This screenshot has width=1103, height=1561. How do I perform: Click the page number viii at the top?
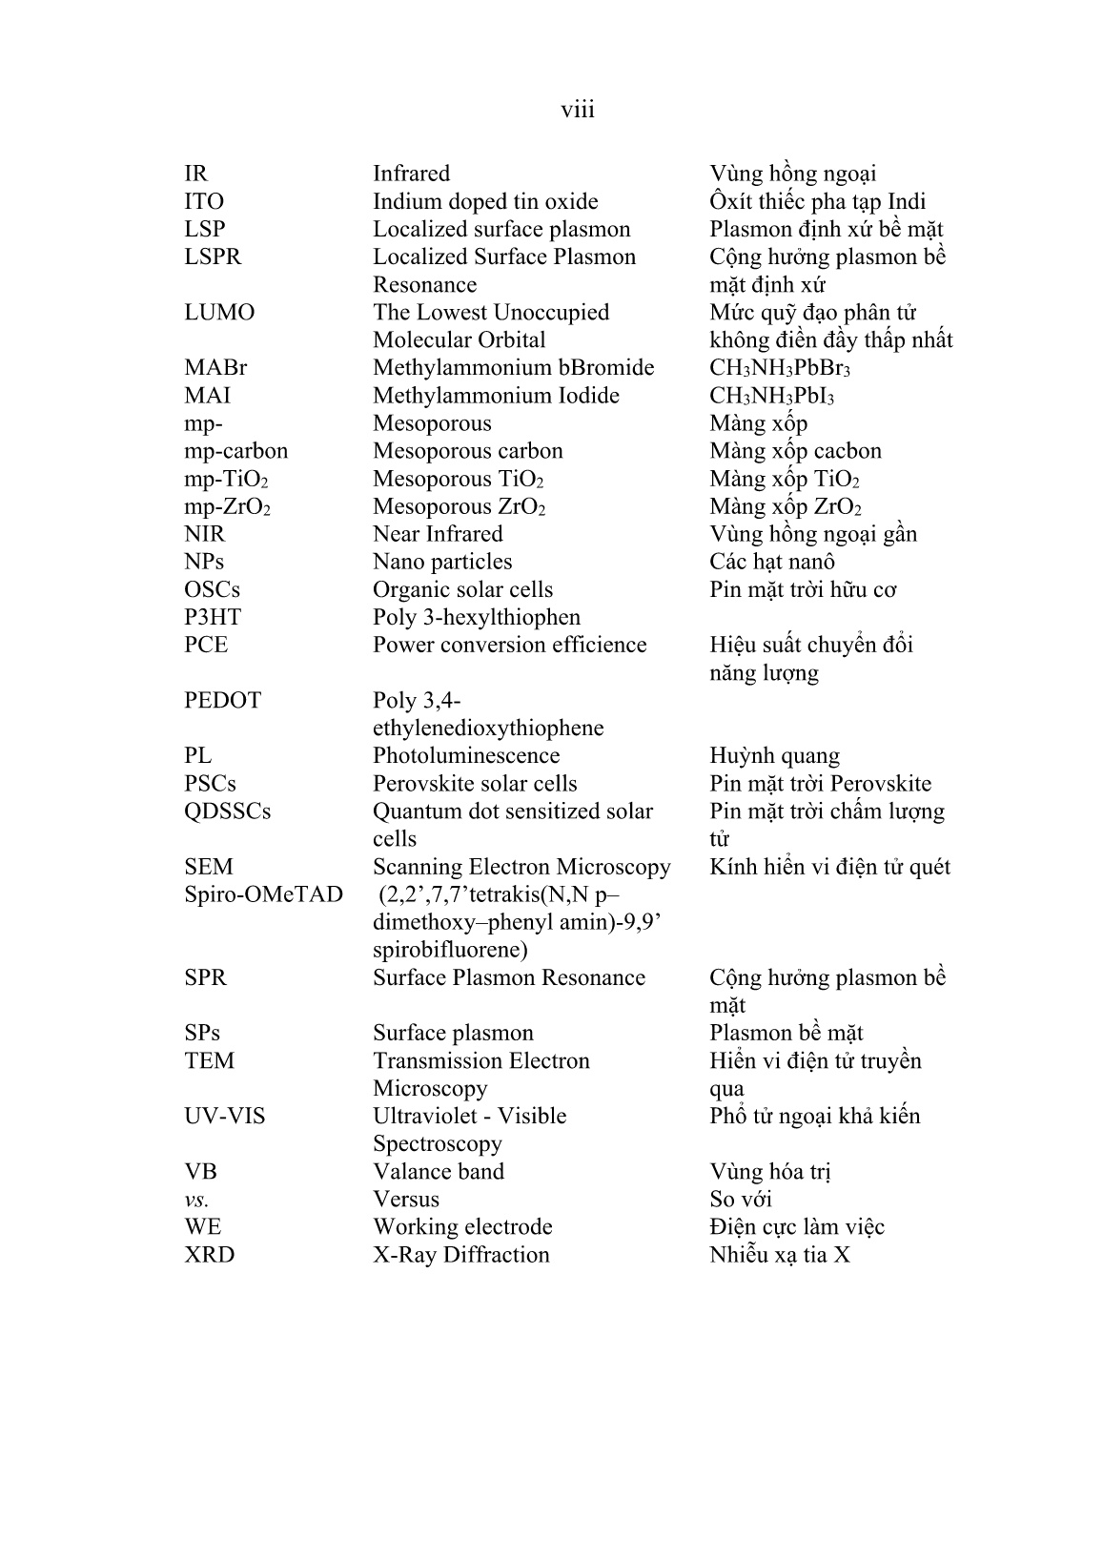[577, 110]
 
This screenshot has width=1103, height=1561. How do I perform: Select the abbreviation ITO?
[204, 202]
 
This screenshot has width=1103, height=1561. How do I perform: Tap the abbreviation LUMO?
[219, 313]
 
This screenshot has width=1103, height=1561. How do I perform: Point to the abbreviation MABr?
[215, 368]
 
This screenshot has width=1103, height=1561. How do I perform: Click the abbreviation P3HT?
[213, 617]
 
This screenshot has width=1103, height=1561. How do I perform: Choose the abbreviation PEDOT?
[222, 700]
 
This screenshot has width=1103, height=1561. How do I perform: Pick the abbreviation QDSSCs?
[227, 811]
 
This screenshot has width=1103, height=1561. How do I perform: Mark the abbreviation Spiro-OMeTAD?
[263, 894]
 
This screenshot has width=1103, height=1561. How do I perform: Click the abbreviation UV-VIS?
[225, 1116]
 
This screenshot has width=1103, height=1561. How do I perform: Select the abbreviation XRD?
[209, 1255]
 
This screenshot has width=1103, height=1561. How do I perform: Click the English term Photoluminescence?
[466, 756]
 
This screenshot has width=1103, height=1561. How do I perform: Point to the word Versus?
[406, 1200]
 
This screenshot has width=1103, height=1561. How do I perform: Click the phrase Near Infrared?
[438, 534]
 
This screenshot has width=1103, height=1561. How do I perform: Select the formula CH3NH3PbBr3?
[780, 369]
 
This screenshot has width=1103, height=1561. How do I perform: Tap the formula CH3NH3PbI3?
[772, 397]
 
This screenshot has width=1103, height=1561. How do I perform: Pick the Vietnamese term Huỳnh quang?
[774, 757]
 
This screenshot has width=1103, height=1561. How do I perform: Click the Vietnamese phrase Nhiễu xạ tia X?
[780, 1255]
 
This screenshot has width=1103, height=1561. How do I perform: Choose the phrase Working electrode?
[462, 1227]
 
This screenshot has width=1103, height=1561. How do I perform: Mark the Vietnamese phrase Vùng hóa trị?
[770, 1172]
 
